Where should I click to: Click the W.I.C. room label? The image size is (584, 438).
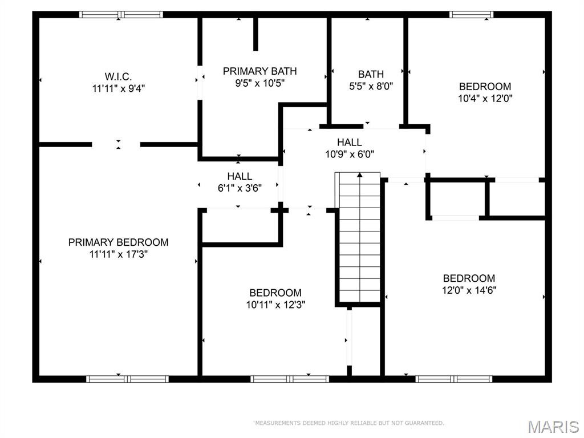point(118,77)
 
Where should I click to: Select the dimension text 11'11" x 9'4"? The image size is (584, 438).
point(119,88)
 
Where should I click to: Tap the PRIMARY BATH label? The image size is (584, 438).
point(260,71)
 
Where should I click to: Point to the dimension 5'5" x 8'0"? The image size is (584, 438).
point(371,87)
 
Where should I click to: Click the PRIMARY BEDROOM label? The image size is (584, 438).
point(119,242)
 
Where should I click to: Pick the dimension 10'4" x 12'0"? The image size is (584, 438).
point(485,98)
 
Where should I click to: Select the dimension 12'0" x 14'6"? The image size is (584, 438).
point(469,290)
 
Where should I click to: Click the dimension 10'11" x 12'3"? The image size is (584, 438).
point(275,305)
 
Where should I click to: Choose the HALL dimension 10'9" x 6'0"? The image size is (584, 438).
point(350,154)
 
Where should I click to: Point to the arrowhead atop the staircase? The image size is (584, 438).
point(360,175)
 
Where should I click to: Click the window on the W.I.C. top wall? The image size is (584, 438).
point(121,14)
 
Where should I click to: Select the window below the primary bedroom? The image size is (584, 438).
point(127,379)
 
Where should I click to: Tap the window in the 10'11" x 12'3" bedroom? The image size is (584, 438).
point(290,379)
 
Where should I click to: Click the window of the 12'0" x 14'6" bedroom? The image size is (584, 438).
point(454,379)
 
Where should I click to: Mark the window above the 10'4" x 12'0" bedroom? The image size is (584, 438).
point(472,14)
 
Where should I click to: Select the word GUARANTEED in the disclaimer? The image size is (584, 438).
point(424,423)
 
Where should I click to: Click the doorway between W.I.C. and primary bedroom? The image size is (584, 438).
point(116,144)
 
